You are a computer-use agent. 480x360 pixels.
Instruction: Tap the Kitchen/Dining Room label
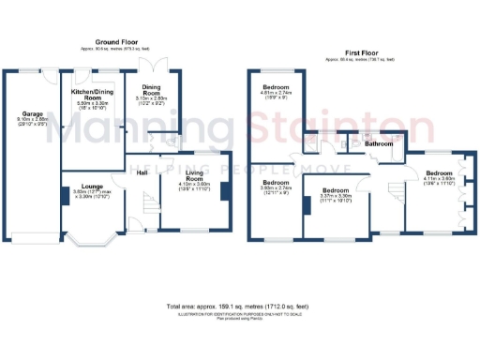point(93,94)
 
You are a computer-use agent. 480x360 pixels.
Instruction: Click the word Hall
point(142,172)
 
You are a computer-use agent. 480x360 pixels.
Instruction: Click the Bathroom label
point(378,144)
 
